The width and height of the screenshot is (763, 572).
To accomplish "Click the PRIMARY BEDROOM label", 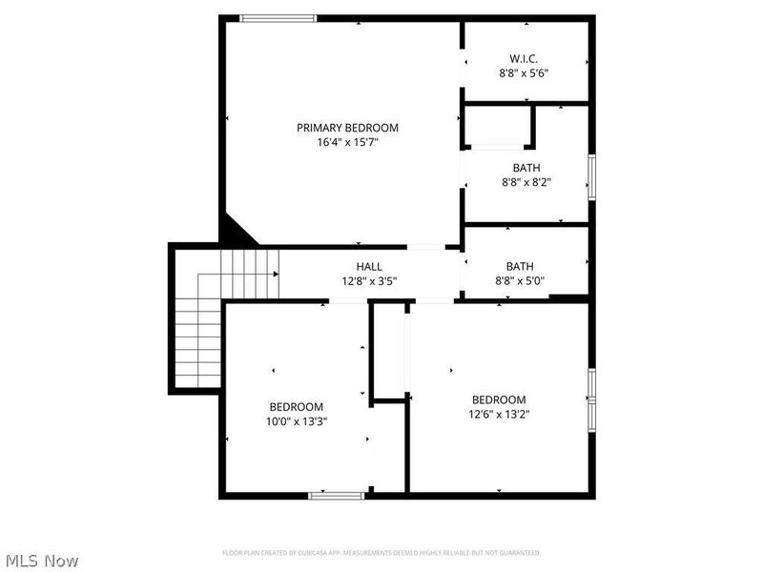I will pos(347,128).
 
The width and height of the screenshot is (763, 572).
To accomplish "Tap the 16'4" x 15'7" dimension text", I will pos(347,143).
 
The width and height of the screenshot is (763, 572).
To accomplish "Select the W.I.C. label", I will pos(524,58).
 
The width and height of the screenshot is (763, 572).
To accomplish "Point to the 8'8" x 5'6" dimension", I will pos(524,73).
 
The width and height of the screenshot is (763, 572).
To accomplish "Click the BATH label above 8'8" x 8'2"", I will pos(526,168).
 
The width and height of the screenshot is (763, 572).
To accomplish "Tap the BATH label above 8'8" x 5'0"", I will pos(520,267).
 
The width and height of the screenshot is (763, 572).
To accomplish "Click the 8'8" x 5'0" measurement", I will pos(521,281).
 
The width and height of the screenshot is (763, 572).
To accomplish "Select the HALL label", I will pos(370,267).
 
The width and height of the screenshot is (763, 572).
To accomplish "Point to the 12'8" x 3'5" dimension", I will pos(369,281).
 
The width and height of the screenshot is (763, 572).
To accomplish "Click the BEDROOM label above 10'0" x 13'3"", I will pos(296,407).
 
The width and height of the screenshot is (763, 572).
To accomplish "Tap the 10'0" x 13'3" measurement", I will pos(296,421).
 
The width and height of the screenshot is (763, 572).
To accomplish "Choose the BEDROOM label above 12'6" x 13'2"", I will pos(499,399).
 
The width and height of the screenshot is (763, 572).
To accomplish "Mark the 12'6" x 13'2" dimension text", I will pos(499,414).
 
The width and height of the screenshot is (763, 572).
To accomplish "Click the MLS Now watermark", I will pos(41,561).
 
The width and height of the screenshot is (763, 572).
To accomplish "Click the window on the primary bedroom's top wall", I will pos(278,17).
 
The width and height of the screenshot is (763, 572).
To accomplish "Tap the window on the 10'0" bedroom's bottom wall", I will pos(337,495).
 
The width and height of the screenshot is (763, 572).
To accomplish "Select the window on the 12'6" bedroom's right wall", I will pos(591,398).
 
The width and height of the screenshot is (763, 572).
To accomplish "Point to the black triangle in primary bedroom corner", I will pos(236,232).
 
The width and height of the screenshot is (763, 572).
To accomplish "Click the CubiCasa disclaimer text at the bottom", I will pos(381,553).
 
